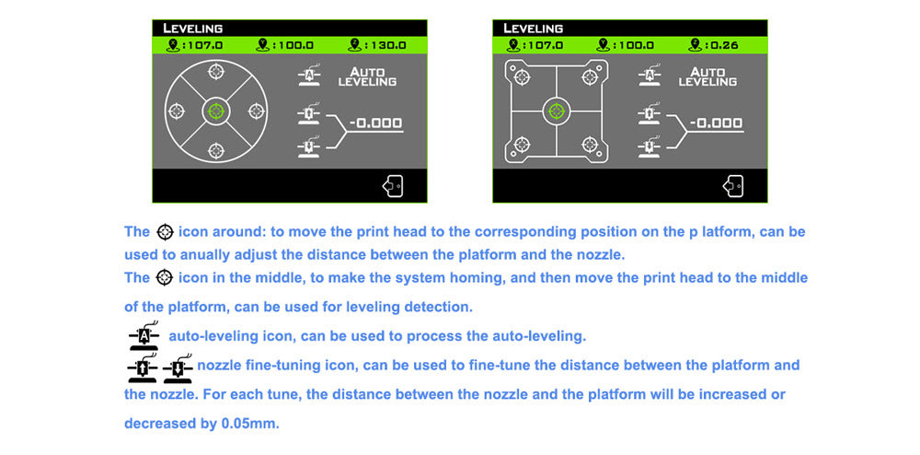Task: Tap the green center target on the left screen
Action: (x=216, y=111)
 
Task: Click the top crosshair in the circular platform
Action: (x=216, y=72)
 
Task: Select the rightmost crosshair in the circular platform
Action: (x=257, y=111)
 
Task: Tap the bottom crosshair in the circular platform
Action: (x=216, y=150)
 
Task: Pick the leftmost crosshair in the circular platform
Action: (x=177, y=111)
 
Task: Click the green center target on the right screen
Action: (x=557, y=111)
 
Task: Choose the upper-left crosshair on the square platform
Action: (x=523, y=76)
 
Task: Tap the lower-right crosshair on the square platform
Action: (x=590, y=145)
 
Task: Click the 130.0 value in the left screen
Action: (x=385, y=45)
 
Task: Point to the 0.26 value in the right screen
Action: (x=722, y=45)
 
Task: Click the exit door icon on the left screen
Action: (x=393, y=186)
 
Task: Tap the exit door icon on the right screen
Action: (x=733, y=186)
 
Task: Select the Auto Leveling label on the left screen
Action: (x=367, y=77)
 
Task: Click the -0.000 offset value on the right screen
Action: (x=717, y=123)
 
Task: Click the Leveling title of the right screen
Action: (x=533, y=29)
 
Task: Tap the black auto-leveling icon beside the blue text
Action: (x=144, y=336)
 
